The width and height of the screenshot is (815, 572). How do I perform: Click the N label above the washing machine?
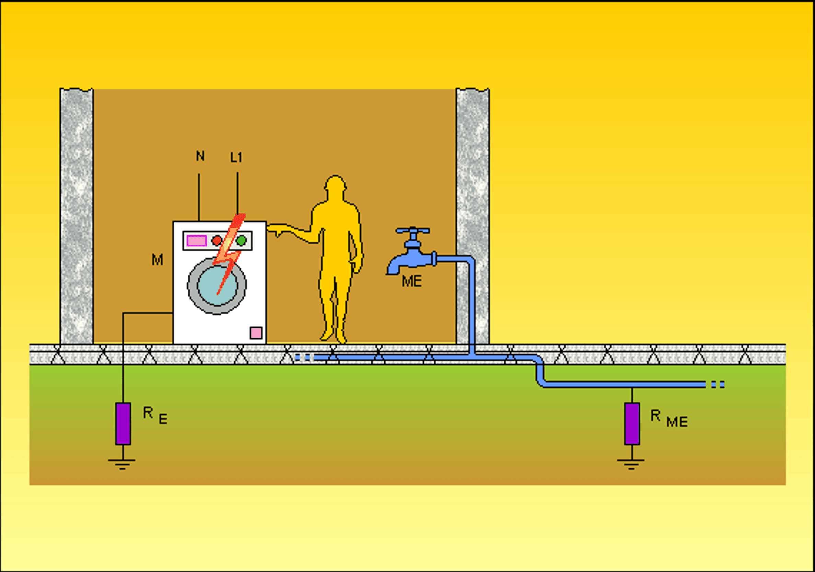click(x=200, y=156)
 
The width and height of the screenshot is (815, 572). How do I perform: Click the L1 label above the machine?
click(x=236, y=157)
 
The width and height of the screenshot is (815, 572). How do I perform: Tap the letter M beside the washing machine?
click(x=157, y=260)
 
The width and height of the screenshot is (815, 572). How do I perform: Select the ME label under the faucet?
click(x=411, y=281)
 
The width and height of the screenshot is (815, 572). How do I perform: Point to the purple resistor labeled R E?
click(x=123, y=423)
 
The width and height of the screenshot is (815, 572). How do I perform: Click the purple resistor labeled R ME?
click(x=632, y=423)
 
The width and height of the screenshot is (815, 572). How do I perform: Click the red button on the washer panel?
click(x=217, y=241)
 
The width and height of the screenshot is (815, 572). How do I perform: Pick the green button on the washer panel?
click(x=241, y=241)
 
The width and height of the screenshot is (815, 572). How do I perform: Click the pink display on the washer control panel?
click(x=197, y=241)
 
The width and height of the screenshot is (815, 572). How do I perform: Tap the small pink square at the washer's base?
click(x=256, y=333)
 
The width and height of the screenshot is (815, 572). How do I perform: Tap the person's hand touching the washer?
click(x=276, y=229)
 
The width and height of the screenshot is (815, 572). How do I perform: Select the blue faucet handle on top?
click(x=412, y=231)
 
